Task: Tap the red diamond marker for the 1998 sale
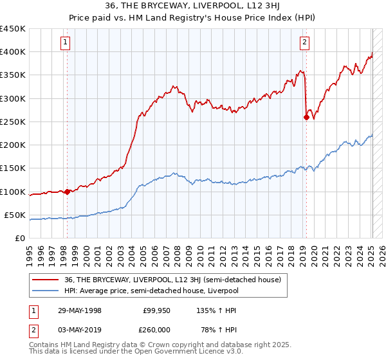(x=67, y=192)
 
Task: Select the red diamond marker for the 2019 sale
(x=306, y=117)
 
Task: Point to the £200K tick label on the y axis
(x=14, y=145)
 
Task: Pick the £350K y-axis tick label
(x=14, y=75)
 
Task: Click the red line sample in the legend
(x=46, y=280)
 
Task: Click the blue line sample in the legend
(x=46, y=291)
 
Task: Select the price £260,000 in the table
(x=156, y=329)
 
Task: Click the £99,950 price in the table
(x=156, y=310)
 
